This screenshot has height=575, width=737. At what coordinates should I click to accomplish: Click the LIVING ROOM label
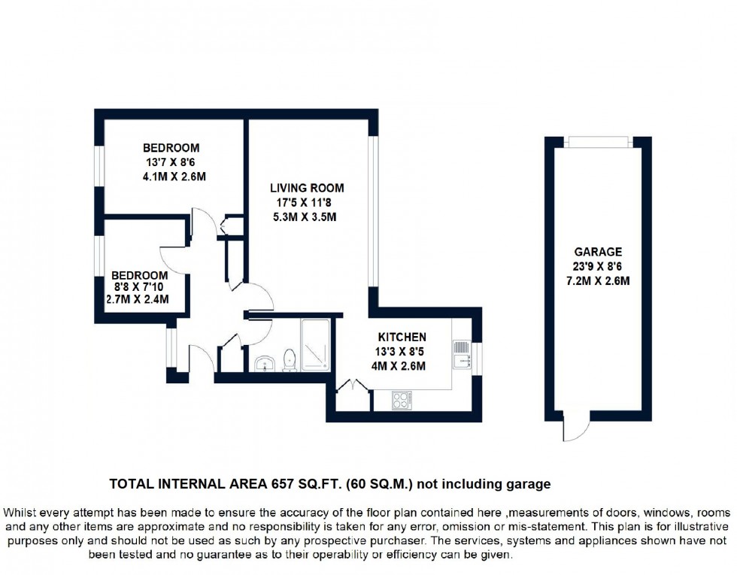[x=307, y=188]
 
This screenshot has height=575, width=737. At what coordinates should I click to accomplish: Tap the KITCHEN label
[x=402, y=337]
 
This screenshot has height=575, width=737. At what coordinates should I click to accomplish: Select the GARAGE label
[x=598, y=253]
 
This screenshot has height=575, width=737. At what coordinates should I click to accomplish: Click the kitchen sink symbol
[x=460, y=354]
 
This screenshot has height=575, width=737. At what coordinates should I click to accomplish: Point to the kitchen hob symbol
[x=402, y=401]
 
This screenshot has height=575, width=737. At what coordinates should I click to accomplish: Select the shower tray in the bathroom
[x=314, y=344]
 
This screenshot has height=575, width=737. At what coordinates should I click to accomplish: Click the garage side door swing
[x=575, y=430]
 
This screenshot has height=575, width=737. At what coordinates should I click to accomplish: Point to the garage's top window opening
[x=598, y=142]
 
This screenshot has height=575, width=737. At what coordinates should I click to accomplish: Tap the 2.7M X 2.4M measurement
[x=137, y=299]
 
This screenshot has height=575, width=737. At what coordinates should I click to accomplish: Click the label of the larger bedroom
[x=171, y=148]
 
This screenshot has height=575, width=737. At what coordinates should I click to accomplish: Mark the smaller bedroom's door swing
[x=174, y=259]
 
